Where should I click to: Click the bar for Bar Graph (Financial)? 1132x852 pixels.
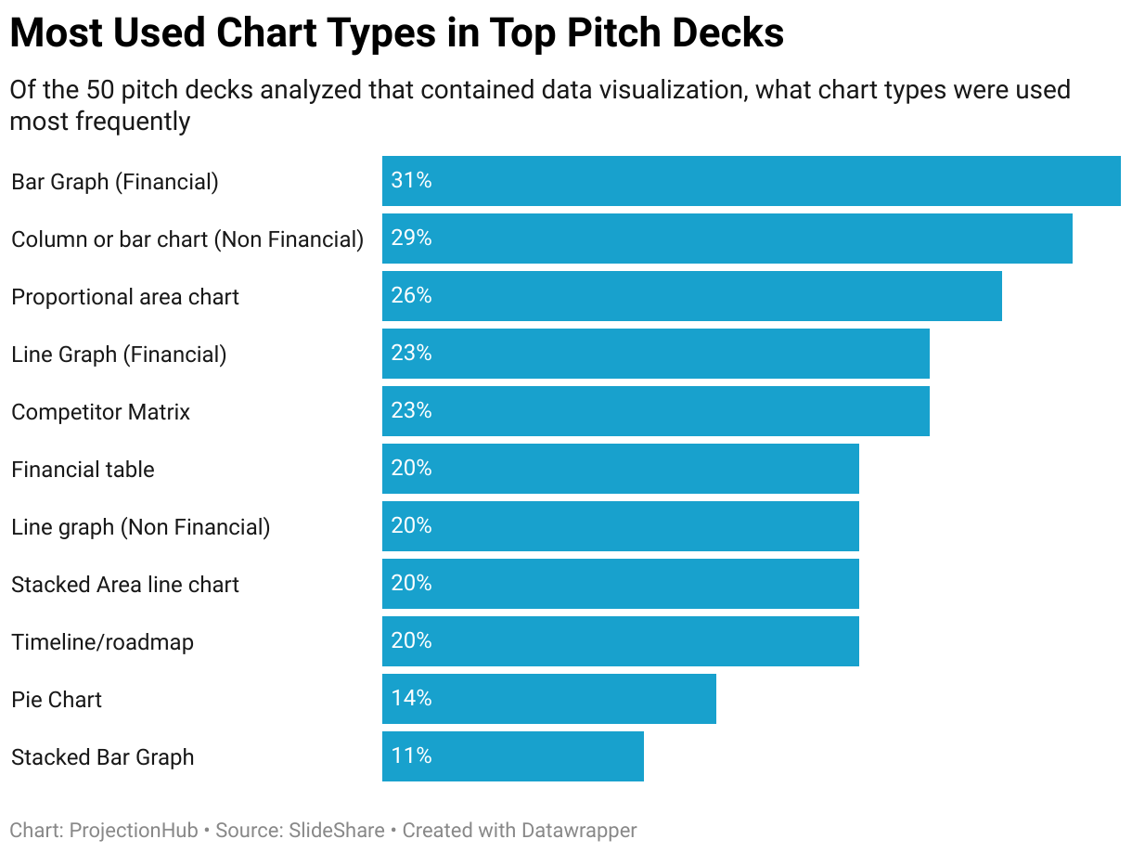tap(751, 181)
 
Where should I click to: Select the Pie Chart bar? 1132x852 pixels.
tap(548, 699)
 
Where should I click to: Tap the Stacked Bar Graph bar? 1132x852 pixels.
tap(512, 756)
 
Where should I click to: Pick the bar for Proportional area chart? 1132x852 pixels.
tap(691, 296)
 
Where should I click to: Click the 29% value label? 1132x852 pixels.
tap(411, 239)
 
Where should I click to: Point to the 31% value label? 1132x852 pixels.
tap(411, 181)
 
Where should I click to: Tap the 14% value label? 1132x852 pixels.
tap(411, 699)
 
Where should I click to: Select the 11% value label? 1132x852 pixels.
tap(411, 756)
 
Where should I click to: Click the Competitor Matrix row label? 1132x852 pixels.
tap(100, 412)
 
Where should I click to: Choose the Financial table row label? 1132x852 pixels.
tap(83, 470)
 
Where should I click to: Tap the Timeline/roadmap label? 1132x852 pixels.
tap(102, 642)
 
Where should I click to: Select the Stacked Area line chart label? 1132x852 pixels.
tap(124, 585)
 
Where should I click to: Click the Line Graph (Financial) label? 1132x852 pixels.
tap(119, 355)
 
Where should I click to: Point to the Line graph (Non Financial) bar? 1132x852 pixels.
tap(620, 526)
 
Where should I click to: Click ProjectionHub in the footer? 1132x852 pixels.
tap(134, 831)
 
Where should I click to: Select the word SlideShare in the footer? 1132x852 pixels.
tap(338, 831)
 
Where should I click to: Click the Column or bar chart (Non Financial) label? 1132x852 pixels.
tap(187, 239)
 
